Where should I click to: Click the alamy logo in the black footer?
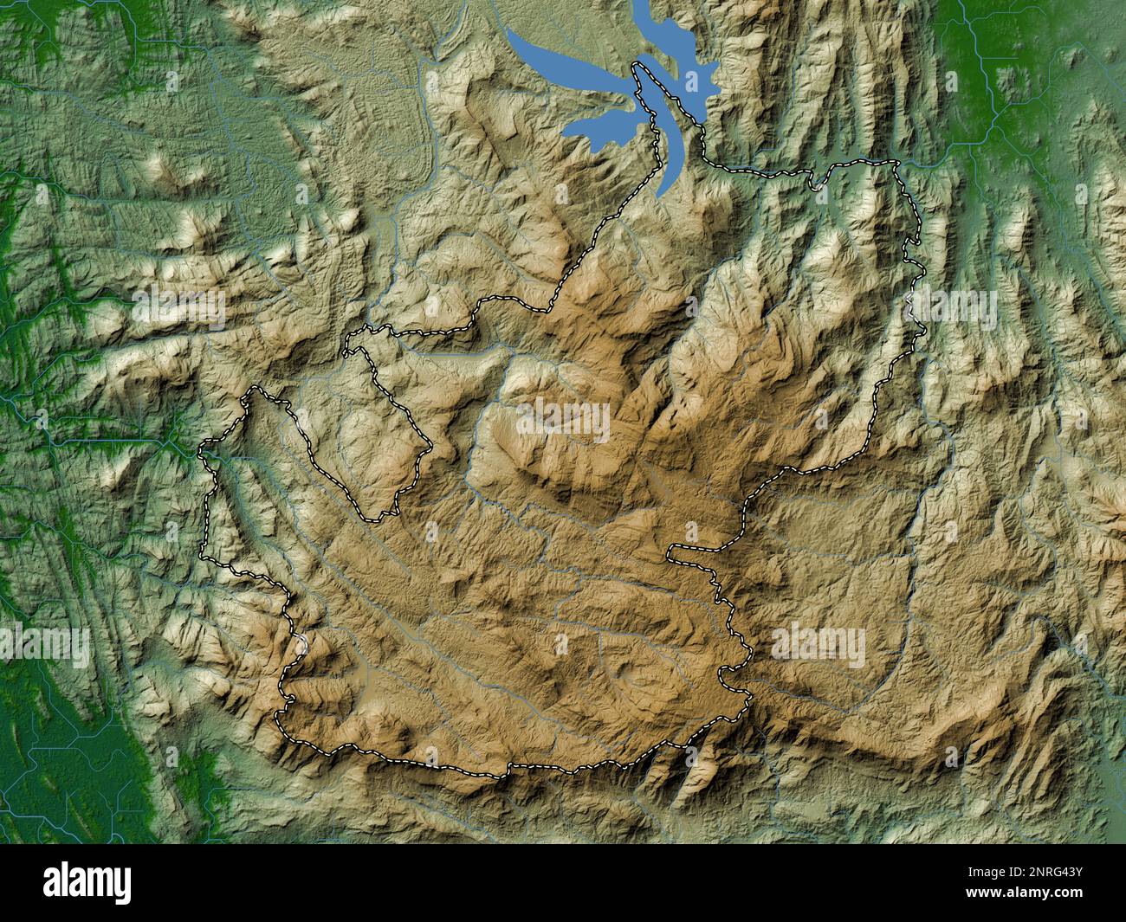pyautogui.click(x=87, y=882)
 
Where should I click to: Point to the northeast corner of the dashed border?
pyautogui.click(x=896, y=163)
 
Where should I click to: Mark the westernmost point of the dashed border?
pyautogui.click(x=201, y=452)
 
